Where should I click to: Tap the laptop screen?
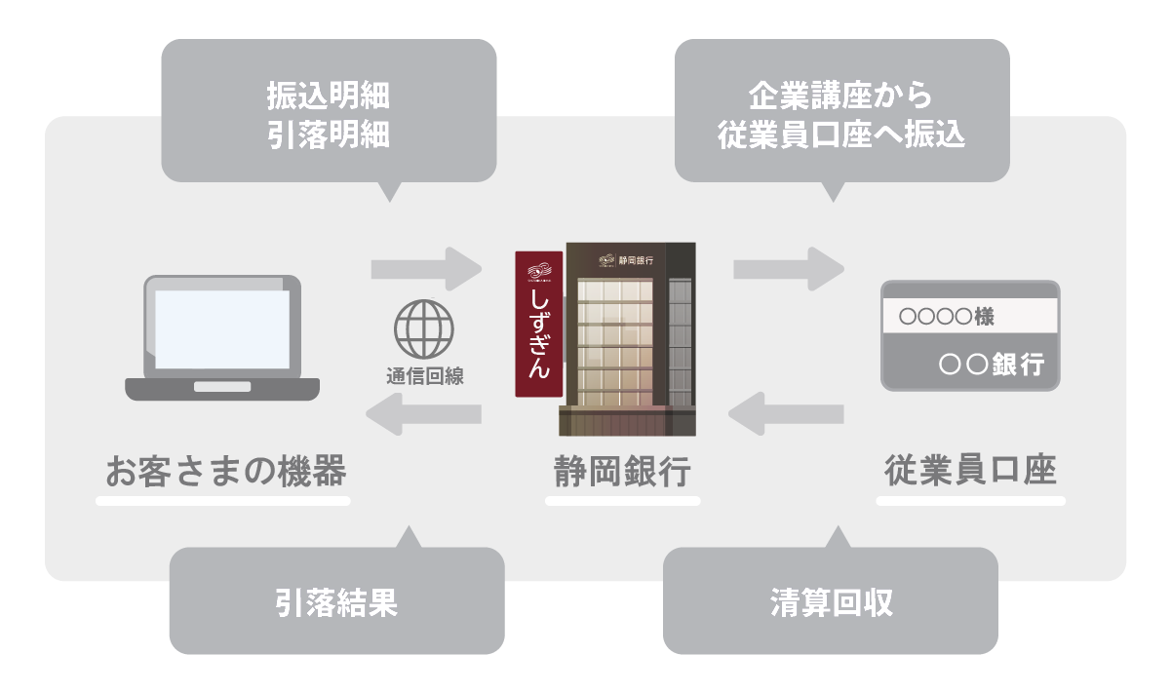[x=222, y=329]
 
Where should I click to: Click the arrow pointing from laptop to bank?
[x=426, y=268]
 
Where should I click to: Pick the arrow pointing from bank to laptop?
[x=423, y=415]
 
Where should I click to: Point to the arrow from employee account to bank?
[x=786, y=415]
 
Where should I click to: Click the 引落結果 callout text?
[x=336, y=603]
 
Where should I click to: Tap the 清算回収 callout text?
[x=831, y=603]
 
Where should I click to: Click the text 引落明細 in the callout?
[x=329, y=134]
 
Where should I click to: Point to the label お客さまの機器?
[x=225, y=472]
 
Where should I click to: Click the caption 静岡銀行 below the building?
[x=622, y=472]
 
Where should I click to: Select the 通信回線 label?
[x=424, y=377]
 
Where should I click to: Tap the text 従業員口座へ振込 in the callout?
[x=840, y=134]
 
